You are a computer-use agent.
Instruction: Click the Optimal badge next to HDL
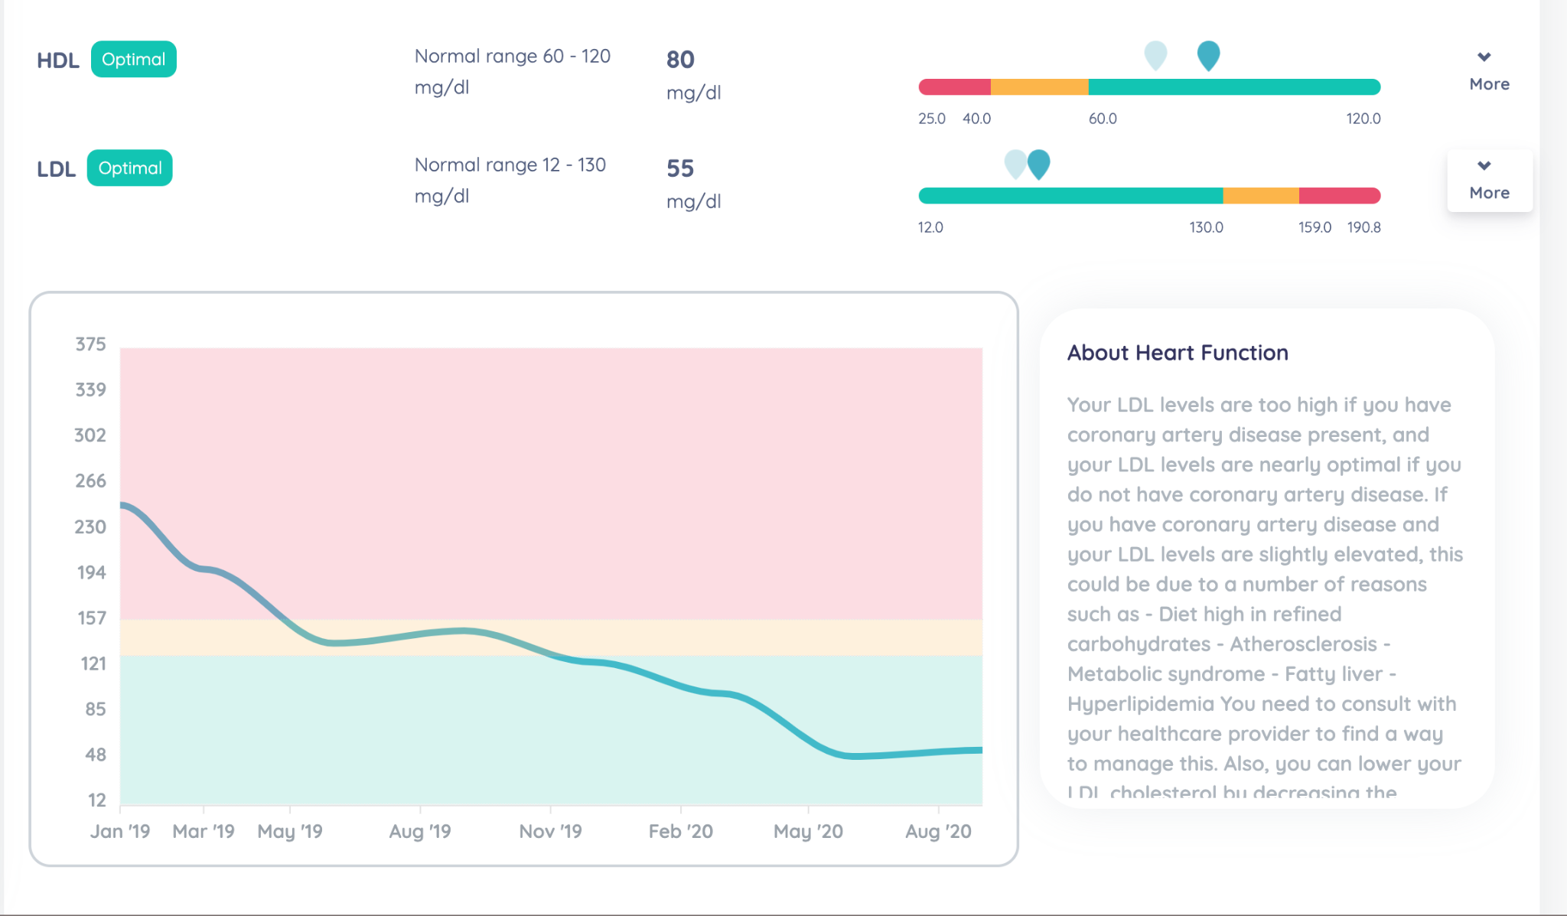pyautogui.click(x=133, y=60)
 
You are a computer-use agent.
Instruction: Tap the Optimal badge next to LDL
pyautogui.click(x=129, y=168)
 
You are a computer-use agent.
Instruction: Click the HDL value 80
pyautogui.click(x=680, y=60)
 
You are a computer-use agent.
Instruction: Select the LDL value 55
pyautogui.click(x=680, y=168)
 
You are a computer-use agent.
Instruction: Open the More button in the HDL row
pyautogui.click(x=1488, y=72)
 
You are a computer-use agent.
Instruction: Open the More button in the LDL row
pyautogui.click(x=1488, y=181)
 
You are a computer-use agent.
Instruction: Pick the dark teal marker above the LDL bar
pyautogui.click(x=1038, y=163)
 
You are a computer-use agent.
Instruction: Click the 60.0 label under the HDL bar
pyautogui.click(x=1103, y=119)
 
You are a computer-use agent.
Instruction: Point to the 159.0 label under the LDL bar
pyautogui.click(x=1315, y=227)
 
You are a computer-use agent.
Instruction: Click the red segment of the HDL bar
pyautogui.click(x=955, y=87)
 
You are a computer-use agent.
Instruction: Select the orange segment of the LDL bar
pyautogui.click(x=1261, y=196)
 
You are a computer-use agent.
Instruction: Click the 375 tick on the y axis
pyautogui.click(x=90, y=344)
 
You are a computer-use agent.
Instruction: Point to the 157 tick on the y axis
pyautogui.click(x=92, y=618)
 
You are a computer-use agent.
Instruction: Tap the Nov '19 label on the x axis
pyautogui.click(x=550, y=831)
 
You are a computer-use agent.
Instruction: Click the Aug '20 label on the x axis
pyautogui.click(x=938, y=831)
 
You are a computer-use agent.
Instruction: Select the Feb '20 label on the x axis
pyautogui.click(x=680, y=831)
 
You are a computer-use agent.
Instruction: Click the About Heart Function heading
pyautogui.click(x=1178, y=353)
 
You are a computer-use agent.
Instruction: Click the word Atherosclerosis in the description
pyautogui.click(x=1303, y=644)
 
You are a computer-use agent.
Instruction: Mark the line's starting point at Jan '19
pyautogui.click(x=122, y=504)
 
